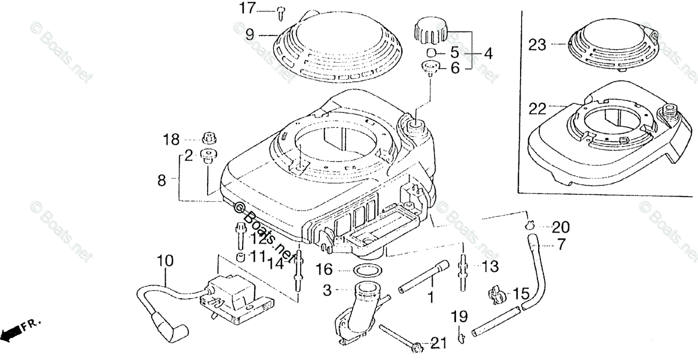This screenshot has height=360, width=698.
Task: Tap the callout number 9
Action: [x=250, y=34]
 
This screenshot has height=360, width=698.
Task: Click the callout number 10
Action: [x=165, y=262]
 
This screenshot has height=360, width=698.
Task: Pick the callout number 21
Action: [x=439, y=344]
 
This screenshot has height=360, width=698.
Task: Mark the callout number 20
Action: [x=561, y=227]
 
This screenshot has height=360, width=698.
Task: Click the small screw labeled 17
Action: [x=282, y=9]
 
